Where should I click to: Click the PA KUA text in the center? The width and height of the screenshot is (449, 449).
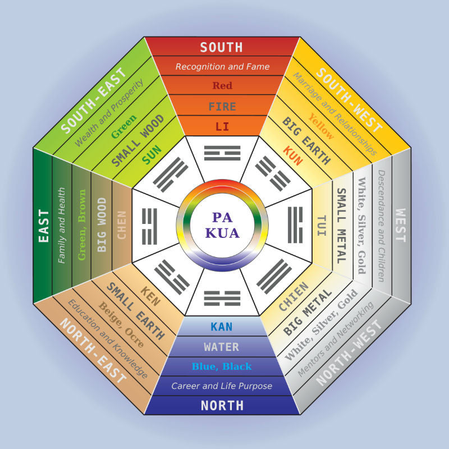(222, 226)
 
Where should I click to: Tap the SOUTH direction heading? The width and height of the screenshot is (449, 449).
(221, 47)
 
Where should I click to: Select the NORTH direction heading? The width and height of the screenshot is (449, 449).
(222, 405)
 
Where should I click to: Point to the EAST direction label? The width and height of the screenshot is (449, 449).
(44, 226)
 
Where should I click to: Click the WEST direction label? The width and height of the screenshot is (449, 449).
(400, 225)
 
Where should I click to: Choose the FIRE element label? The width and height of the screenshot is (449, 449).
(222, 107)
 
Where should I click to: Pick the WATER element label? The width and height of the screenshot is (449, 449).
(221, 347)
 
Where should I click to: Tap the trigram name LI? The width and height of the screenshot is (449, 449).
(222, 126)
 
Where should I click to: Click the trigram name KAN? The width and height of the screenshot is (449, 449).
(221, 327)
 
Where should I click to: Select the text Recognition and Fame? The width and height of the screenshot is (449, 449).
(222, 67)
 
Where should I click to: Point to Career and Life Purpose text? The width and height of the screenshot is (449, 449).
(222, 386)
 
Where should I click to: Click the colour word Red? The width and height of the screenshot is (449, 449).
(222, 85)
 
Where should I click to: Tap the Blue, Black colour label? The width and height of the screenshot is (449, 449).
(222, 366)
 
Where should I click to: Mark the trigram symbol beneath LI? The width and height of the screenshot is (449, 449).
(222, 153)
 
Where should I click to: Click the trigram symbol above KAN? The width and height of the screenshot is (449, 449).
(222, 299)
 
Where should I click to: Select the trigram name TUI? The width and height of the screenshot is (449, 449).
(322, 226)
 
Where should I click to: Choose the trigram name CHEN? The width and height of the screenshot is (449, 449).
(122, 225)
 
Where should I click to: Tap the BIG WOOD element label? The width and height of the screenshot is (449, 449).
(102, 225)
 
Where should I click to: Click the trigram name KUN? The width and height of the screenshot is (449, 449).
(293, 156)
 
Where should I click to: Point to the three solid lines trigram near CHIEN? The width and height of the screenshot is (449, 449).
(274, 277)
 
